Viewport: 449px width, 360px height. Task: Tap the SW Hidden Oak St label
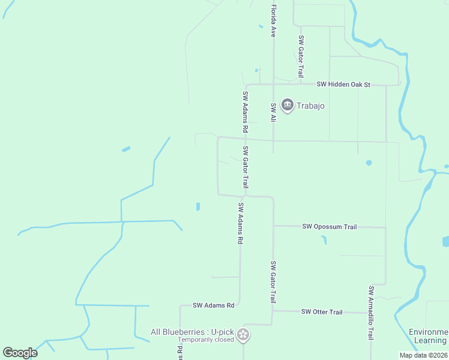tap(343, 85)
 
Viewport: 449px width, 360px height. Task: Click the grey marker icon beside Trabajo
tap(287, 106)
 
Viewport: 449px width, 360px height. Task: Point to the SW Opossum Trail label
tap(330, 227)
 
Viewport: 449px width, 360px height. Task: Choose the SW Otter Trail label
tap(322, 312)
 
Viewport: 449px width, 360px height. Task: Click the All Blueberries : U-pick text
tap(191, 332)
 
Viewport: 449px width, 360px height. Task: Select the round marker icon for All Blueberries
tap(243, 335)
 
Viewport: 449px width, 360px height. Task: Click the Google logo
tap(20, 353)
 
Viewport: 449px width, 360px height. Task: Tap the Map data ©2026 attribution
tap(423, 355)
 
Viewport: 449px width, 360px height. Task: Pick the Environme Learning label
tap(428, 337)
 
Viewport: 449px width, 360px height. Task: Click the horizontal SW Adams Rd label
tap(213, 305)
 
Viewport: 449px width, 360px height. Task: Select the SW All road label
tap(273, 112)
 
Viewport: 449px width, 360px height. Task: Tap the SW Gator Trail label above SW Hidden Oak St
tap(301, 56)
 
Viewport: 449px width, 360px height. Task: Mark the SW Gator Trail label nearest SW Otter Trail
tap(273, 282)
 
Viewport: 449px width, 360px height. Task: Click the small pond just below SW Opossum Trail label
tap(324, 240)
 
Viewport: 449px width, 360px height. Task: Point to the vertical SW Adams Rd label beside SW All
tap(245, 112)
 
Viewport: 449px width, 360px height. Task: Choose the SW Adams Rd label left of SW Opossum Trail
tap(240, 223)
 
